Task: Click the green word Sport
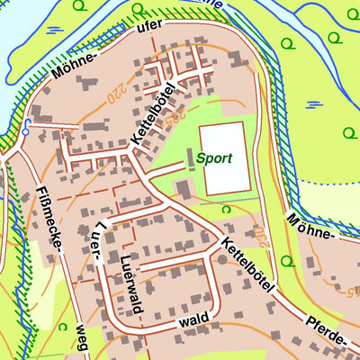tap(215, 158)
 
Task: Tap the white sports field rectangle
tap(222, 158)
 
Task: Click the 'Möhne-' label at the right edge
tap(311, 229)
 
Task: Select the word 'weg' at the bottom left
tap(82, 338)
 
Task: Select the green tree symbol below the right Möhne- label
tap(288, 261)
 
